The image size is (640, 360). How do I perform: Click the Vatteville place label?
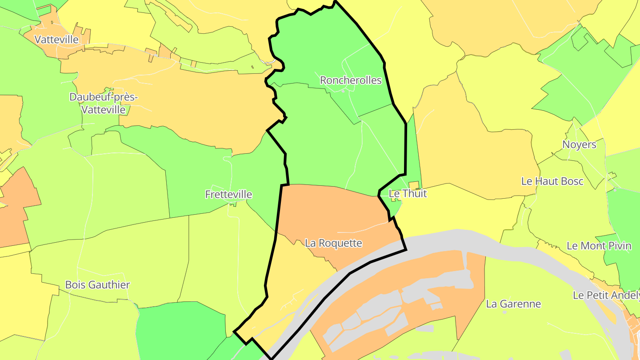(x=56, y=39)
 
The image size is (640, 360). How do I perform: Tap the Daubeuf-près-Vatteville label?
(x=103, y=103)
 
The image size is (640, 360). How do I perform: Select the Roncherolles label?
(x=351, y=80)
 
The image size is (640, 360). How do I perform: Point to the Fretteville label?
(x=228, y=194)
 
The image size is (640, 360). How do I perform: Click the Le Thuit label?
(x=408, y=193)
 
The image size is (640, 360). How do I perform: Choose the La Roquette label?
(x=333, y=243)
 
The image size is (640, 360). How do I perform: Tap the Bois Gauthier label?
(x=97, y=285)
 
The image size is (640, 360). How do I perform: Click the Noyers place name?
(x=579, y=144)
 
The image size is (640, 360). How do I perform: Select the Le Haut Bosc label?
(x=552, y=181)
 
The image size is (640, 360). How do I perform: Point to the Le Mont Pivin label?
(x=599, y=246)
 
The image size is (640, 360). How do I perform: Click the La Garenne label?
(x=513, y=304)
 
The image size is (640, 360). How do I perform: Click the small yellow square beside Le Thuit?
(x=414, y=185)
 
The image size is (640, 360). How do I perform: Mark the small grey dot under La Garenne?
(x=504, y=312)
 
